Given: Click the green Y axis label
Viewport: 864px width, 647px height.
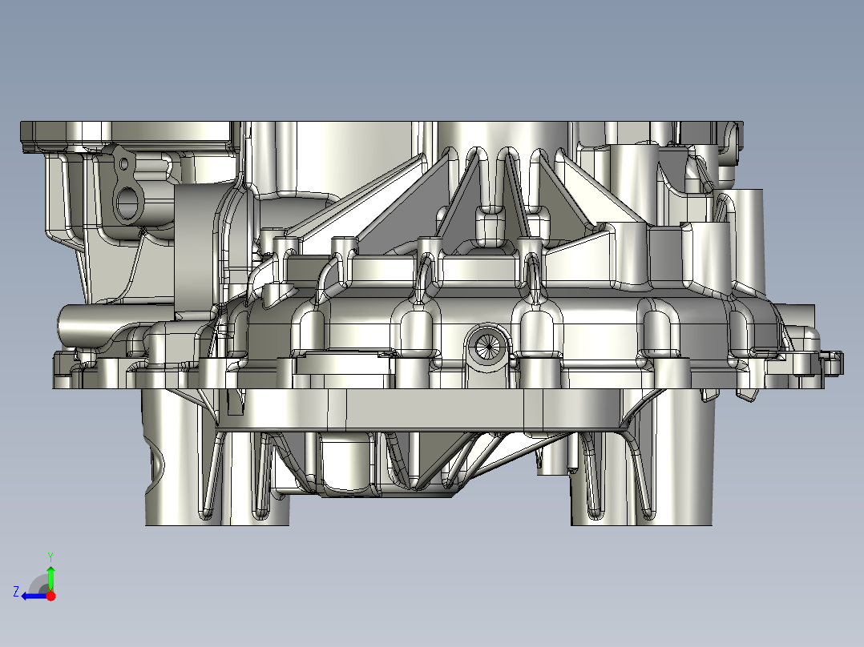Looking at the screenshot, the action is [50, 557].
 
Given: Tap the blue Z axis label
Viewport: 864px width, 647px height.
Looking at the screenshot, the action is [16, 592].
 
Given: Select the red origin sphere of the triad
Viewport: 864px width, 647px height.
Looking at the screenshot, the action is [50, 596].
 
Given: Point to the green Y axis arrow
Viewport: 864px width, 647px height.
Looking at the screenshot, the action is [50, 577].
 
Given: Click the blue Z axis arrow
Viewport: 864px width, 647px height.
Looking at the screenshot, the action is [34, 597].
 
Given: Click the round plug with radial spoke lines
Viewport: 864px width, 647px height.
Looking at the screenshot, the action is [488, 346].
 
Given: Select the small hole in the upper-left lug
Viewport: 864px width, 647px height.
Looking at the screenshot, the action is [123, 163].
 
